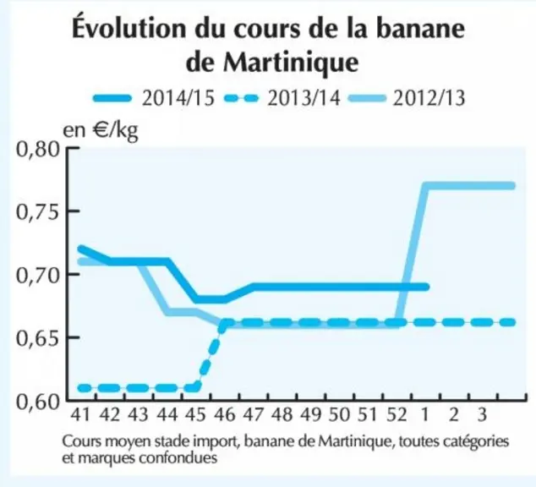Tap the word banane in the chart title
click(420, 29)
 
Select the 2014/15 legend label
click(178, 98)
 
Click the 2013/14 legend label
click(304, 98)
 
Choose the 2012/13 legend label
click(429, 98)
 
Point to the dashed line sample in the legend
click(241, 99)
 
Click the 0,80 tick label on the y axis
click(38, 150)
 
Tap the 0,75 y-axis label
click(38, 212)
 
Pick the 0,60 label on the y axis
click(38, 402)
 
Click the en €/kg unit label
click(101, 130)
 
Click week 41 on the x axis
click(80, 415)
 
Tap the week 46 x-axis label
click(225, 415)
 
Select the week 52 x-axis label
click(397, 415)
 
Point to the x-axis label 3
click(482, 415)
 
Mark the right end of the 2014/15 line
click(426, 287)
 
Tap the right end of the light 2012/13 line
click(512, 186)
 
